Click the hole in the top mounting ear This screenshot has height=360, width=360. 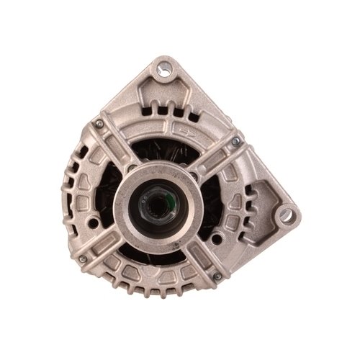point(170,70)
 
